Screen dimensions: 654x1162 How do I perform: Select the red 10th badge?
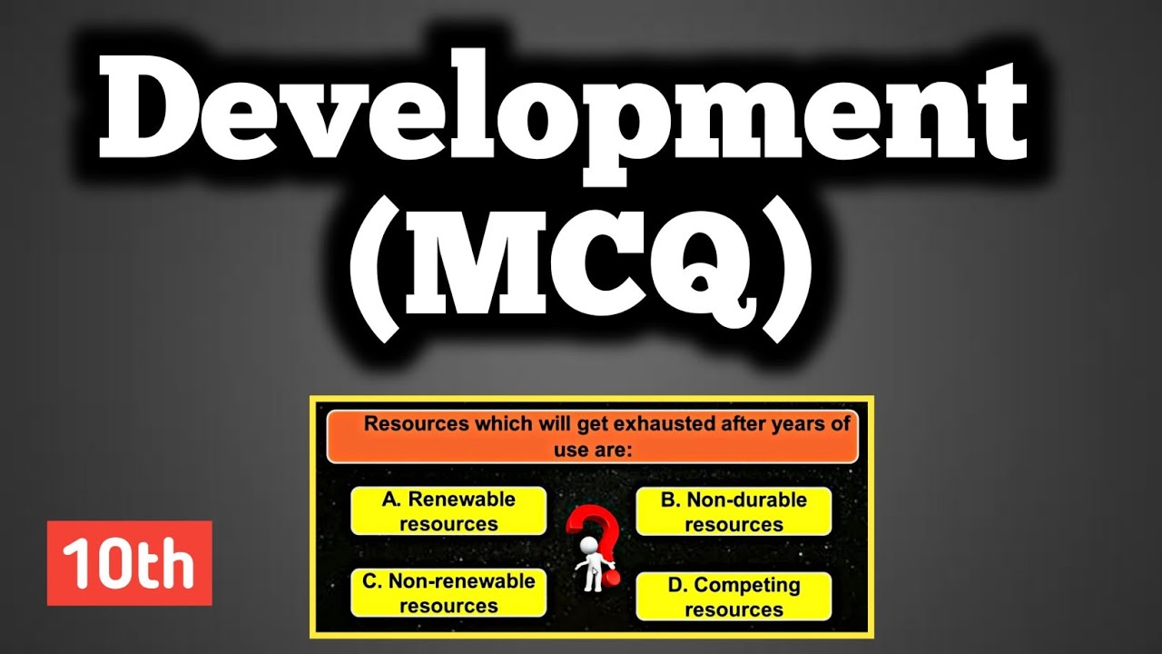coord(129,563)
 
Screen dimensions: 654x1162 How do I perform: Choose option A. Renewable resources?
coord(448,511)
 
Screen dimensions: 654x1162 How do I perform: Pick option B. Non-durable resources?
coord(734,511)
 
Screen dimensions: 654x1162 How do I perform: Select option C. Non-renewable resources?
coord(448,593)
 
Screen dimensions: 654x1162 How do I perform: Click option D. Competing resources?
coord(734,597)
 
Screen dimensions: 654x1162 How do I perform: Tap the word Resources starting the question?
coord(411,423)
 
